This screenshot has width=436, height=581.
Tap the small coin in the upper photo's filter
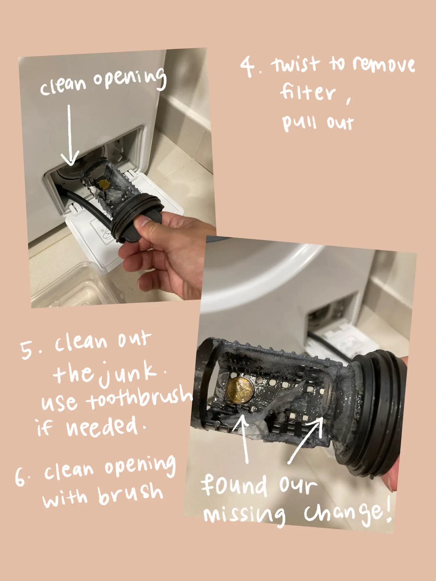(x=103, y=184)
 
